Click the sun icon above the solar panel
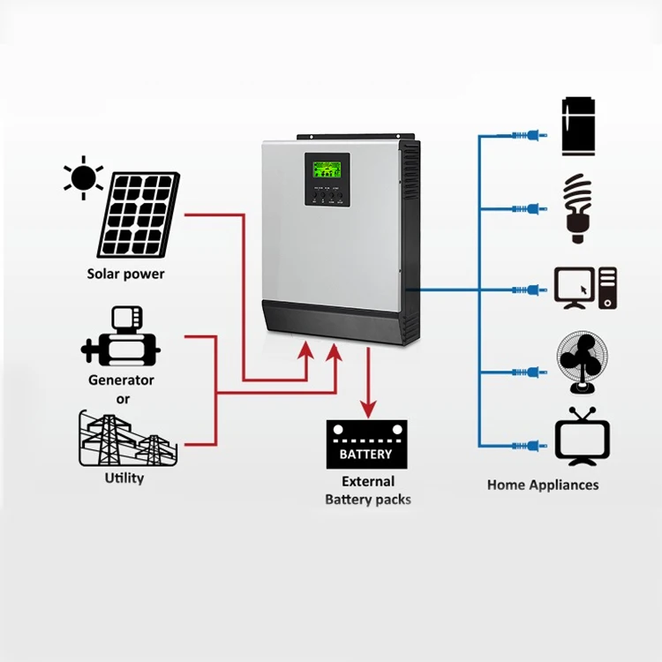[x=83, y=178]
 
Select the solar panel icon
[x=139, y=214]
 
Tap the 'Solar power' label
[x=125, y=274]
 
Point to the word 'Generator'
[x=121, y=380]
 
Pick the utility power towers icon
[x=128, y=439]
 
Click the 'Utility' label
[x=124, y=478]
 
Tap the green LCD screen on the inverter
[x=327, y=169]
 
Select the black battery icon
[x=366, y=444]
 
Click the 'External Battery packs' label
[x=368, y=491]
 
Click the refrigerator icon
[x=579, y=126]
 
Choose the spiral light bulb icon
[x=579, y=208]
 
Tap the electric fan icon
[x=581, y=363]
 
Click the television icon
[x=583, y=436]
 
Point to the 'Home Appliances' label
[x=543, y=485]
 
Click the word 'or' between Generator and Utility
[x=121, y=397]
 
